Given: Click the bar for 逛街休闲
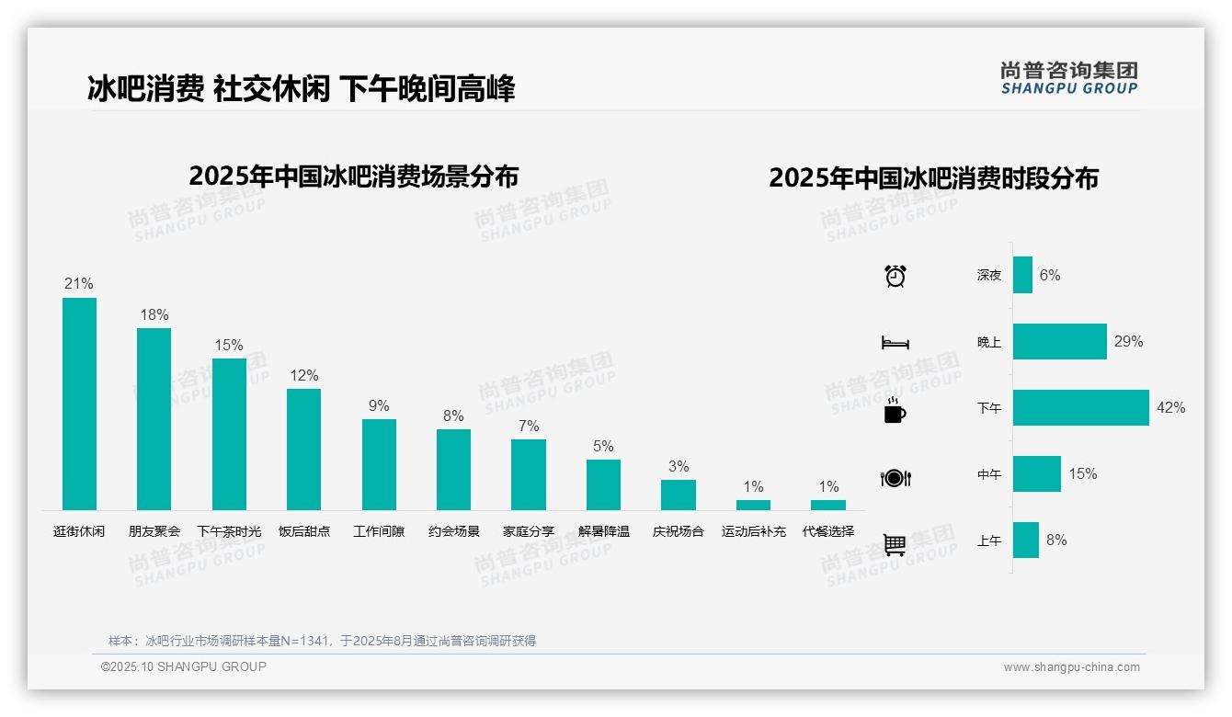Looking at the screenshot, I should coord(79,404).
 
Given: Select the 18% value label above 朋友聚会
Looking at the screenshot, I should coord(154,314).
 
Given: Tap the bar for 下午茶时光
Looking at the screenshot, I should coord(229,434).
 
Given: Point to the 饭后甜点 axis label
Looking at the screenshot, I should coord(304,531).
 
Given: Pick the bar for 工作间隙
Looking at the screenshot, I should coord(379,464).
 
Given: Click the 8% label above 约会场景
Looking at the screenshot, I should coord(453,415).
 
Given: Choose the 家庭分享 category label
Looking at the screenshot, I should coord(529,531).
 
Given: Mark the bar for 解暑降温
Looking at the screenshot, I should coord(603,484).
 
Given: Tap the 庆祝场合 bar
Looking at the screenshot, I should coord(679,495).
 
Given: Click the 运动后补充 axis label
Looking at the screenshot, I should coord(754,531).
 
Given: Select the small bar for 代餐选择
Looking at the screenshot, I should coord(828,505).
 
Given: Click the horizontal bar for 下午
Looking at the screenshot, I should coord(1081,407).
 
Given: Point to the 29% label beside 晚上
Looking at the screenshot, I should coord(1128,341).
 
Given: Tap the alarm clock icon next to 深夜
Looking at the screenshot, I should coord(895,275).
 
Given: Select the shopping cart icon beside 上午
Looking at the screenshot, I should coord(895,544).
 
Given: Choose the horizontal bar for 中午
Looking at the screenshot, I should coord(1037,473).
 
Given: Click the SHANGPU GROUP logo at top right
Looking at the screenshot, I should coord(1069,78).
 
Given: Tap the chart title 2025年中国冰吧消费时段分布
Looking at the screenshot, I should coord(933,177).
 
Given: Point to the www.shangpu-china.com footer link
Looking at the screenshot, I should coord(1071,667).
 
